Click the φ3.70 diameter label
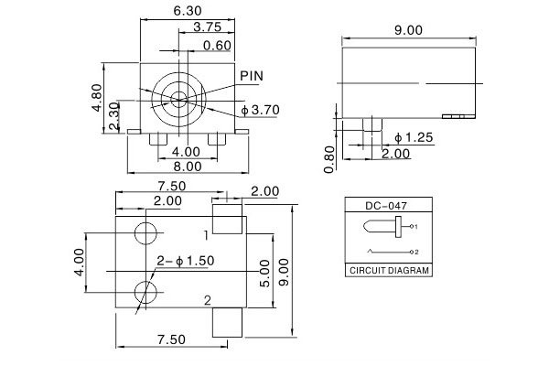click(261, 110)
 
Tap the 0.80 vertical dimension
click(329, 160)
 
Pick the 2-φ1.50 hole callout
click(185, 261)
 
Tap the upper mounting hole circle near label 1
click(145, 232)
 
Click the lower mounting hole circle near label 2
click(145, 293)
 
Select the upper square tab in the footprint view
click(227, 218)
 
